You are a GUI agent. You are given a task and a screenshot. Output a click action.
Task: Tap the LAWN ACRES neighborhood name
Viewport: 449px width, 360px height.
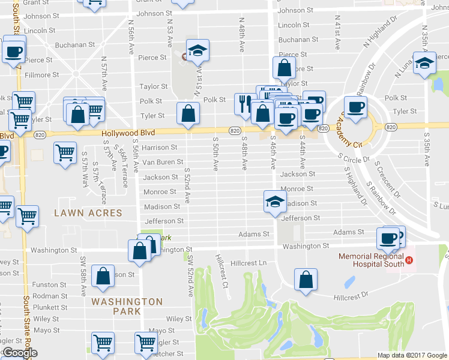88,213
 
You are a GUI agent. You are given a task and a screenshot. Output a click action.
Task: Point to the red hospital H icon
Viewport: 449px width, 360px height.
409,260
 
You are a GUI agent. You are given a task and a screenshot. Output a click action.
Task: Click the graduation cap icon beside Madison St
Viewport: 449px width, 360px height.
274,201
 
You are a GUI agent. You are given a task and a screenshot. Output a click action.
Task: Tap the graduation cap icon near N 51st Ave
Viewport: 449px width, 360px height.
196,50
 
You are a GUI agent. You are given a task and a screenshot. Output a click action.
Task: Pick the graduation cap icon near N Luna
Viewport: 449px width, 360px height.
424,62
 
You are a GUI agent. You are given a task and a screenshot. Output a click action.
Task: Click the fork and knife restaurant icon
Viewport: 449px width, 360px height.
244,103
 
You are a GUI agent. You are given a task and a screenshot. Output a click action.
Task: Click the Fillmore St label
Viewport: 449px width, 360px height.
41,75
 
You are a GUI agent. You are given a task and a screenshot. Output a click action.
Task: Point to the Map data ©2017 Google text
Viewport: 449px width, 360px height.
412,355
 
